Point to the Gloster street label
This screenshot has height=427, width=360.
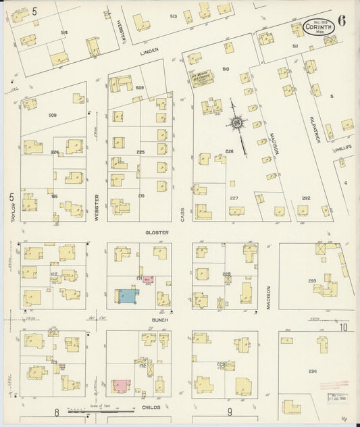157,232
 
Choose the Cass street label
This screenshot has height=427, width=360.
182,214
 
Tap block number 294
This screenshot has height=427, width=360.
312,372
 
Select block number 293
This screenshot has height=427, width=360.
312,280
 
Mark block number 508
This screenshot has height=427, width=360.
52,115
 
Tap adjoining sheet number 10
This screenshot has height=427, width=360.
344,328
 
